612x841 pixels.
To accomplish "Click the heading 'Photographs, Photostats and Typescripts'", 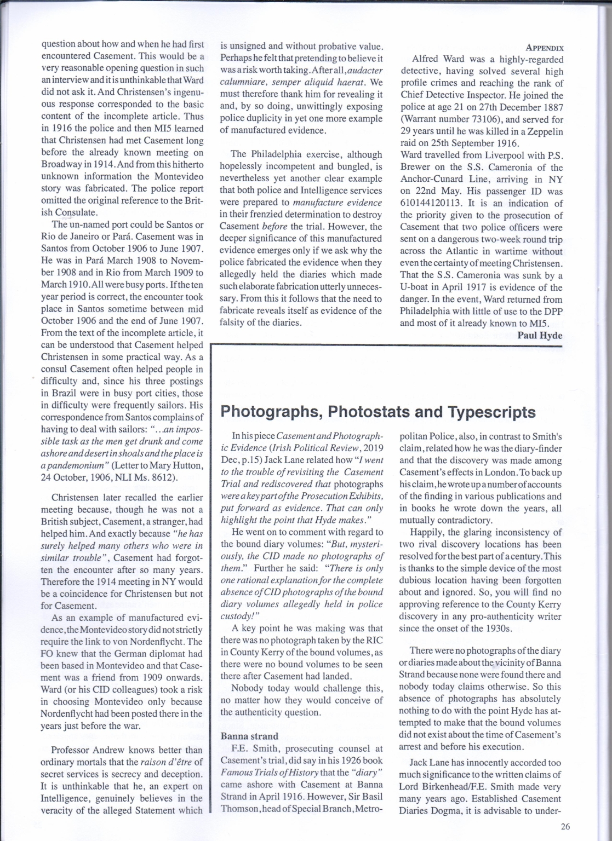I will pos(378,411).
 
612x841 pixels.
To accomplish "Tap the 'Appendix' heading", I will pos(545,48).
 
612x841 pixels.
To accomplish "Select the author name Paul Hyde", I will pos(540,335).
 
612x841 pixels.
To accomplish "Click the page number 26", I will pos(566,827).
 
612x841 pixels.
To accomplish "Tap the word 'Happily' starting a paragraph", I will pos(426,532).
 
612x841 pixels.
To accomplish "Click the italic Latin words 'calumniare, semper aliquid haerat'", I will pos(294,82).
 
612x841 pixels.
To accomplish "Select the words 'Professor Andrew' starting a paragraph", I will pos(85,750).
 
